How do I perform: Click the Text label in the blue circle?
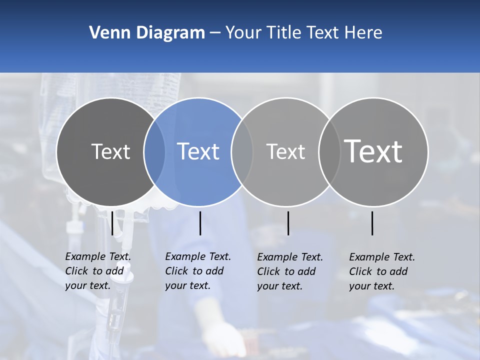click(x=198, y=151)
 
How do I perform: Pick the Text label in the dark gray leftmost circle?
click(x=110, y=151)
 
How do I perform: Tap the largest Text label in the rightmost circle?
click(x=373, y=151)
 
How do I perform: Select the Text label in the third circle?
click(x=285, y=151)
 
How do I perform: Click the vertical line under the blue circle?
click(x=200, y=223)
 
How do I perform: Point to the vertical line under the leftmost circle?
click(x=112, y=223)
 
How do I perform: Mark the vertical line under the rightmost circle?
click(x=372, y=223)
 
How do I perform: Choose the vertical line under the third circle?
click(x=288, y=223)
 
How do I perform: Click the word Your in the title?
click(x=244, y=33)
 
